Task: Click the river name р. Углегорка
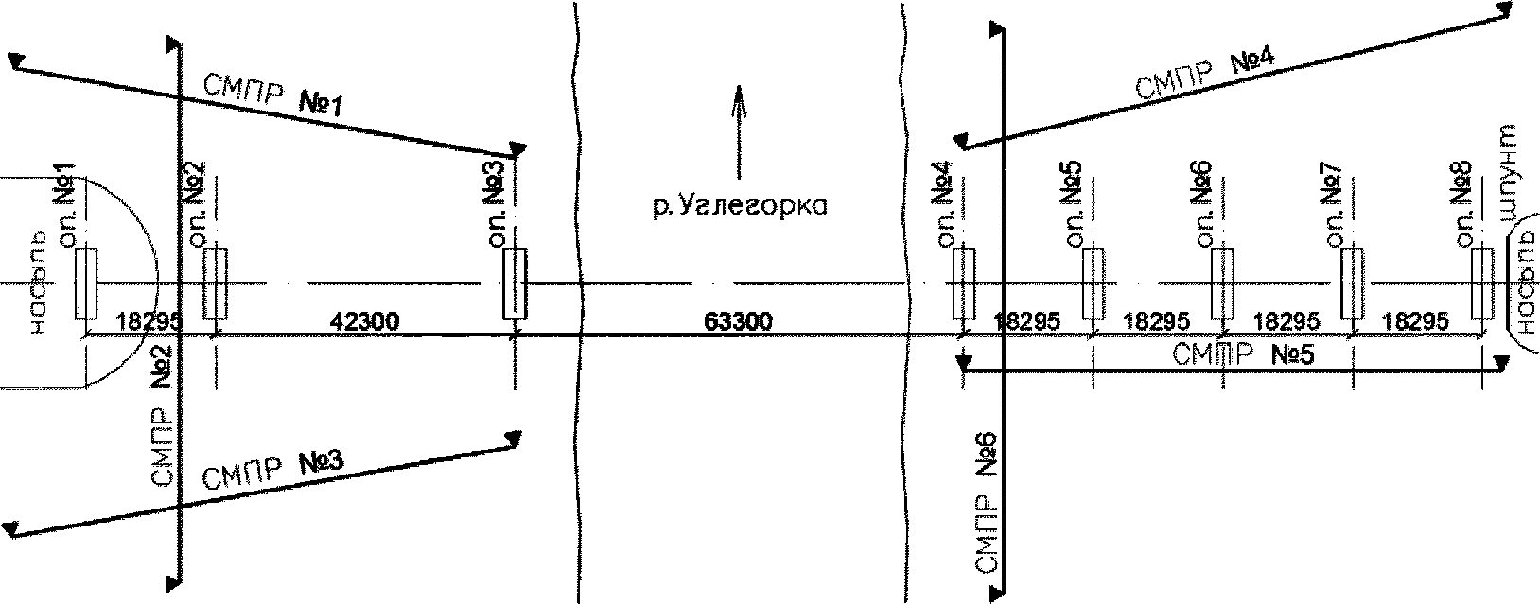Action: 739,205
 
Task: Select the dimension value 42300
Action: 365,321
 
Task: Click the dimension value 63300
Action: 739,321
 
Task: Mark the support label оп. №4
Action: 951,205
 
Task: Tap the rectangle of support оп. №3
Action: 514,284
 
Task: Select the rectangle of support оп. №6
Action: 1223,284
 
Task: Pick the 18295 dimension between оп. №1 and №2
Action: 147,321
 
